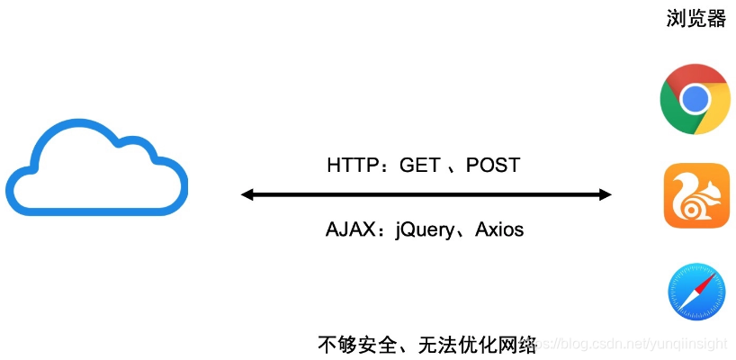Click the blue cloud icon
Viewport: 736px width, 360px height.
[x=97, y=171]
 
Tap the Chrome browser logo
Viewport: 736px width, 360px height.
[x=695, y=99]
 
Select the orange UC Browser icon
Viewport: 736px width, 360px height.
[x=696, y=196]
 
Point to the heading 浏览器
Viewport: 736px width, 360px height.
[x=696, y=20]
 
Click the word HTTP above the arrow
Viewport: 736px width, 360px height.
[x=351, y=166]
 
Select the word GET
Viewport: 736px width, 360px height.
[x=420, y=166]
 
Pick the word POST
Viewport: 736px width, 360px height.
[x=493, y=166]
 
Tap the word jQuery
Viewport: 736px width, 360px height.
[x=428, y=230]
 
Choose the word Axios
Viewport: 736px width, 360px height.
[x=500, y=229]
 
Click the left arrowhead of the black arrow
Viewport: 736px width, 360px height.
[x=247, y=194]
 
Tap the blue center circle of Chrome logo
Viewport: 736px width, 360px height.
[x=695, y=99]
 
